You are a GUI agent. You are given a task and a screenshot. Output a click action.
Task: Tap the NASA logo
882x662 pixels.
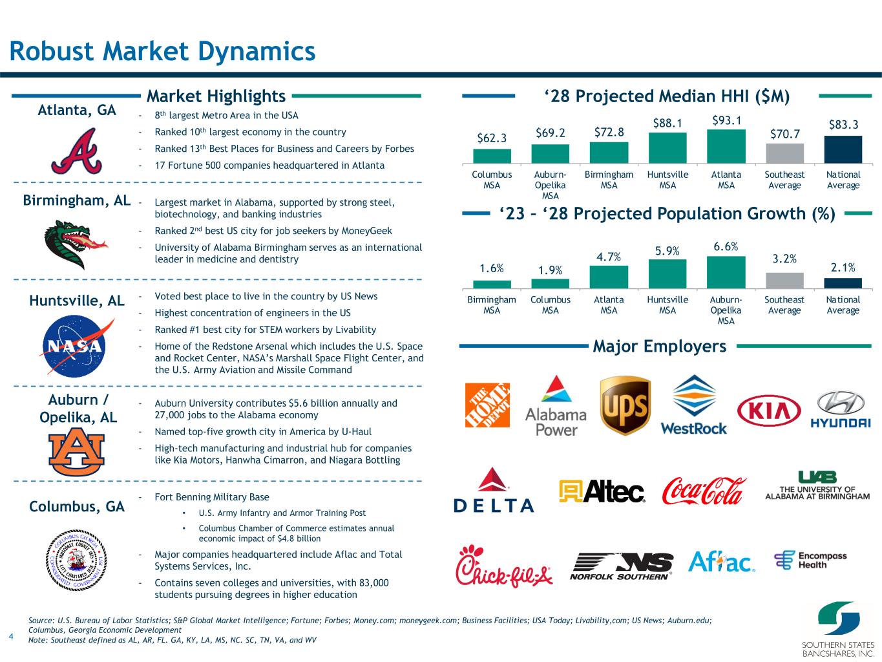pyautogui.click(x=76, y=346)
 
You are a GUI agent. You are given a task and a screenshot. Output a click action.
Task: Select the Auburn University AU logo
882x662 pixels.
pyautogui.click(x=76, y=451)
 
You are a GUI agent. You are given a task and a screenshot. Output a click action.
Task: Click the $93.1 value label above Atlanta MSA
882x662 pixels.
pyautogui.click(x=726, y=121)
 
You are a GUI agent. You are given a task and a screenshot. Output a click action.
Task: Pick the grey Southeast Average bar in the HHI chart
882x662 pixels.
pyautogui.click(x=785, y=153)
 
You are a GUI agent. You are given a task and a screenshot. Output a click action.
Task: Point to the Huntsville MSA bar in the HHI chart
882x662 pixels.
pyautogui.click(x=667, y=148)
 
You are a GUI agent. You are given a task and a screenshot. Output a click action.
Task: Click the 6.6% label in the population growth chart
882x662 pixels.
pyautogui.click(x=726, y=246)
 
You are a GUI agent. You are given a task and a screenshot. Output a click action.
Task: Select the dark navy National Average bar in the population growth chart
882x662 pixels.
pyautogui.click(x=843, y=283)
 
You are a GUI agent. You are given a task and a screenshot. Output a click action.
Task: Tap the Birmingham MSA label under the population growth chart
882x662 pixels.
pyautogui.click(x=492, y=305)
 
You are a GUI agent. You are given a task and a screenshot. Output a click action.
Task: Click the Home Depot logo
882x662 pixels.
pyautogui.click(x=487, y=405)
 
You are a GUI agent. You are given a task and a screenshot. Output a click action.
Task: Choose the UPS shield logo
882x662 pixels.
pyautogui.click(x=625, y=405)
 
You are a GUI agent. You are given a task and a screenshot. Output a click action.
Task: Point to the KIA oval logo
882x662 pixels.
pyautogui.click(x=769, y=411)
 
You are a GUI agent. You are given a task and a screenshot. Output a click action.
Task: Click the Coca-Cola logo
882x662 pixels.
pyautogui.click(x=704, y=491)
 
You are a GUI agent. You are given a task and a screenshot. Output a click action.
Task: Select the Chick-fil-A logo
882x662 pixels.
pyautogui.click(x=504, y=566)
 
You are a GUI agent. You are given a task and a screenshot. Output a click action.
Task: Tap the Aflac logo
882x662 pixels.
pyautogui.click(x=721, y=562)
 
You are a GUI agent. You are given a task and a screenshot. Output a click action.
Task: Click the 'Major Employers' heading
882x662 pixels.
pyautogui.click(x=659, y=346)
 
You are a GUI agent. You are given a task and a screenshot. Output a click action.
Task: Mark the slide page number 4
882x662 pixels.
pyautogui.click(x=11, y=636)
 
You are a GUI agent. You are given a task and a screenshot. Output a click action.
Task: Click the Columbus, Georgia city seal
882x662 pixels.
pyautogui.click(x=76, y=560)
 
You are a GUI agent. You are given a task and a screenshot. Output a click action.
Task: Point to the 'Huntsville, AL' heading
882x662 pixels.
pyautogui.click(x=77, y=301)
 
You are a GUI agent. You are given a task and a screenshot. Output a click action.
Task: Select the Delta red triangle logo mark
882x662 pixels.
pyautogui.click(x=493, y=480)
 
